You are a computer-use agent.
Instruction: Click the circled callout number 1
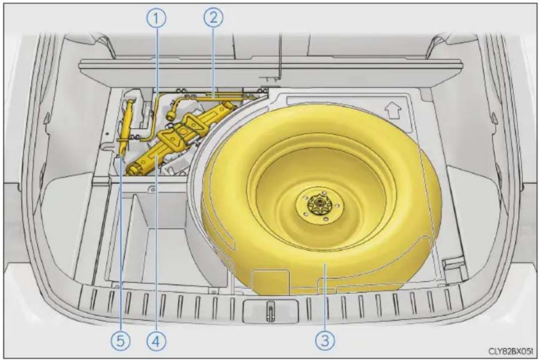pos(157,19)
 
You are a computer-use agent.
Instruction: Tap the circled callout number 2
pos(213,18)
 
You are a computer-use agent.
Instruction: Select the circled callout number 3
pos(325,341)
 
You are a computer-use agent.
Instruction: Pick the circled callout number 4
pos(156,341)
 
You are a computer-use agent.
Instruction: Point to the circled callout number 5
pos(120,341)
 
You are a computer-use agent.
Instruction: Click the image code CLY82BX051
pos(511,351)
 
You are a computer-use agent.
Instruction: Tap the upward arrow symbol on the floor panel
pos(393,110)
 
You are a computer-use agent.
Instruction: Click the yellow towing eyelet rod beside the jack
pos(126,127)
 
